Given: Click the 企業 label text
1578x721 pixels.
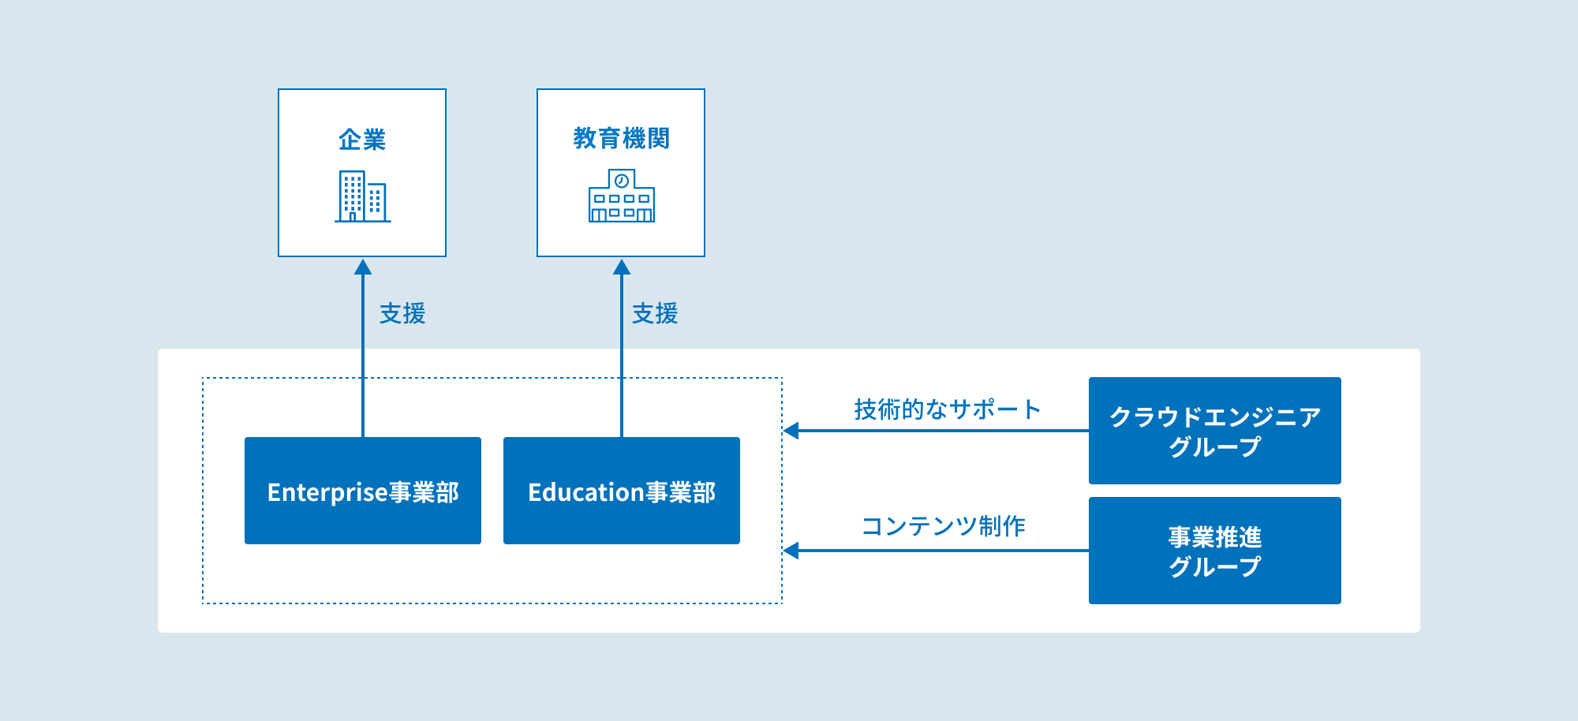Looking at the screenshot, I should pos(362,140).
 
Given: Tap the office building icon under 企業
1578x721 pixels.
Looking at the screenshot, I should pos(362,196).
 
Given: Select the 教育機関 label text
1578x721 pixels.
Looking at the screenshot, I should pos(621,138).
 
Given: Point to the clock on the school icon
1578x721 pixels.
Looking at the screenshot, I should pos(622,181).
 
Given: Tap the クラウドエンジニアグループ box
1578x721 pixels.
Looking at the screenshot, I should pos(1214,430).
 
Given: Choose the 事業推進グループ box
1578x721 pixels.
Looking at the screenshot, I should pos(1214,550).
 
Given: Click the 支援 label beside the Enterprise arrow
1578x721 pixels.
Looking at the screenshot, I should pos(402,313).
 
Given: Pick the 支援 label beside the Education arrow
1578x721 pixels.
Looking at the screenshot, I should pos(655,313).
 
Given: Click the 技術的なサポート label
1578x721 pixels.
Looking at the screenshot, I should pos(947,409).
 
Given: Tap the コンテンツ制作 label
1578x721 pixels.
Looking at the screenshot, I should pos(943,525).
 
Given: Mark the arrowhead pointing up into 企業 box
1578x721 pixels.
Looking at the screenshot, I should pos(363,267).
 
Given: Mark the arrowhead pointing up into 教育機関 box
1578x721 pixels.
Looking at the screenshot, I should pos(622,267).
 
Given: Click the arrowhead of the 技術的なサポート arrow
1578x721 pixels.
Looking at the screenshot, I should pos(791,431).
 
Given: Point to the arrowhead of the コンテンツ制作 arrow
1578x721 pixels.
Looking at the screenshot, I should pos(791,551).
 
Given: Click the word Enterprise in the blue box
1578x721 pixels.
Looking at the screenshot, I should pos(327,492).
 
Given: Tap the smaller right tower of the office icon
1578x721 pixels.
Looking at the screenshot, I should pos(376,201).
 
